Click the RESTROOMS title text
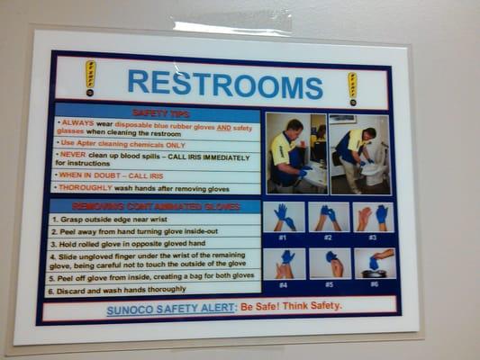(224, 83)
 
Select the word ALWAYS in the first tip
(77, 123)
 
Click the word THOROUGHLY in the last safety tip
(86, 188)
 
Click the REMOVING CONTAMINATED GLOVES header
(155, 206)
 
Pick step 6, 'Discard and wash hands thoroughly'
(118, 292)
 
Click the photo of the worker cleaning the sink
(295, 153)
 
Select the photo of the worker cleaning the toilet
(360, 154)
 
